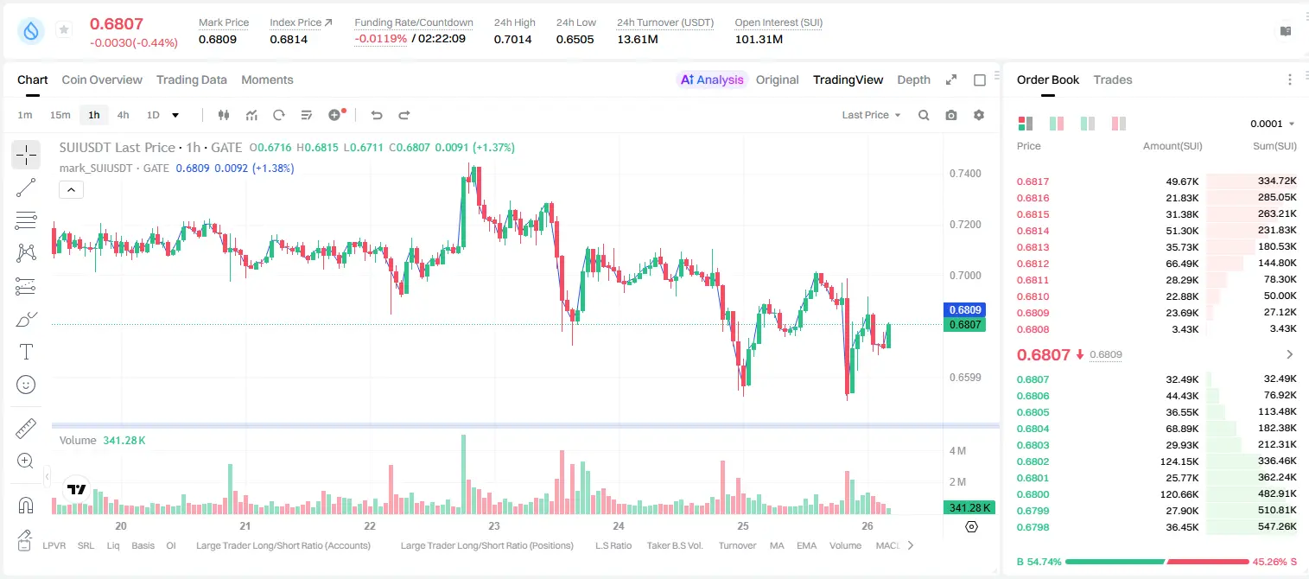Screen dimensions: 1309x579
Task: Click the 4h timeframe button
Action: click(x=123, y=115)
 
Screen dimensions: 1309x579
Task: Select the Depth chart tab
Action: click(x=913, y=80)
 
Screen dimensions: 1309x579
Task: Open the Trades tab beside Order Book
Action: click(x=1113, y=80)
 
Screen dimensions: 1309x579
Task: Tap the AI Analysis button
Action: click(x=712, y=80)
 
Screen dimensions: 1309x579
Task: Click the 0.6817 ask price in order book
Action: click(x=1033, y=181)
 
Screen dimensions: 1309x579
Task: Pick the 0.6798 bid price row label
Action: click(x=1033, y=527)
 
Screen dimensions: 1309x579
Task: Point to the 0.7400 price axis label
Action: click(x=965, y=174)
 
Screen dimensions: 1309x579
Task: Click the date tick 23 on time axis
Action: click(x=494, y=525)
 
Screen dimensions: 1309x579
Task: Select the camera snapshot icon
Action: click(x=951, y=115)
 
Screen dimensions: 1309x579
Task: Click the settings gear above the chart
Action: click(x=979, y=115)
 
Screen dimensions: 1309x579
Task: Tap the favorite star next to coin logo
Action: click(x=64, y=29)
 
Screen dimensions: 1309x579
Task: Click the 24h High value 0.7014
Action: click(x=512, y=39)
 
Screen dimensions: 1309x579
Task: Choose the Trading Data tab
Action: click(x=191, y=80)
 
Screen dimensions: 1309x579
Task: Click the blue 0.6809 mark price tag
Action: click(x=965, y=309)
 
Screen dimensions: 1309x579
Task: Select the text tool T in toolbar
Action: click(x=26, y=352)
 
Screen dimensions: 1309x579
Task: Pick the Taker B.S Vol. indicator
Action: click(x=674, y=545)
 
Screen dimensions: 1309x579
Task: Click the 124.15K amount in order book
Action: click(x=1179, y=461)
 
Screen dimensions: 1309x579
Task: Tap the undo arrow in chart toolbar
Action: click(x=377, y=115)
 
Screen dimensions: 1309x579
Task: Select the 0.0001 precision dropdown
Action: click(x=1272, y=124)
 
